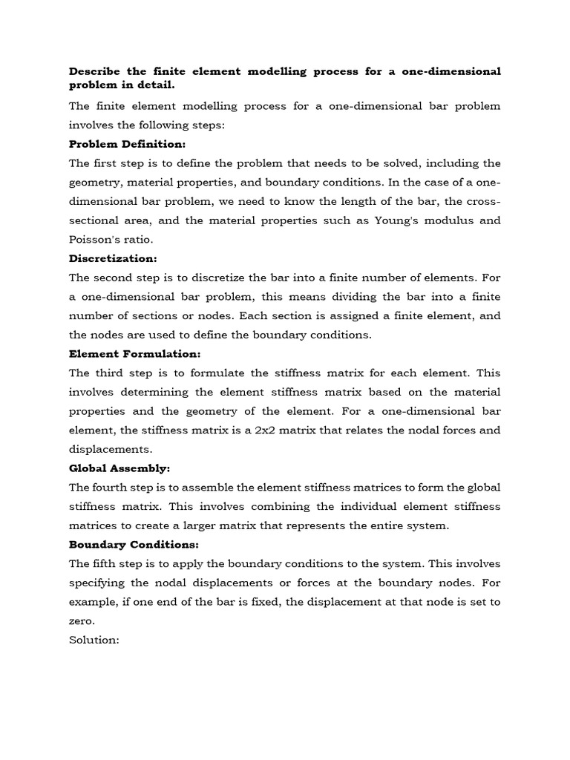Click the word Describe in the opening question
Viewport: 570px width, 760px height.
click(94, 71)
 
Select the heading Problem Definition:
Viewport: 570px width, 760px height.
click(127, 144)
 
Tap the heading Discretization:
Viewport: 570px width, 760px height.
click(113, 258)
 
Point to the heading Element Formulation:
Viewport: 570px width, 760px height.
click(134, 354)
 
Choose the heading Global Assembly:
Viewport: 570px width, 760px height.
click(119, 468)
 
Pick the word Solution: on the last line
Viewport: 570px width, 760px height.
click(94, 640)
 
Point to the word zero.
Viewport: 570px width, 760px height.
click(82, 620)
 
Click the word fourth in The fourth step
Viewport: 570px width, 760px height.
click(116, 487)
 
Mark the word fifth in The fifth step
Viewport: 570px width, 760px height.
click(110, 563)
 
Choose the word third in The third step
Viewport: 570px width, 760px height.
click(113, 373)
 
